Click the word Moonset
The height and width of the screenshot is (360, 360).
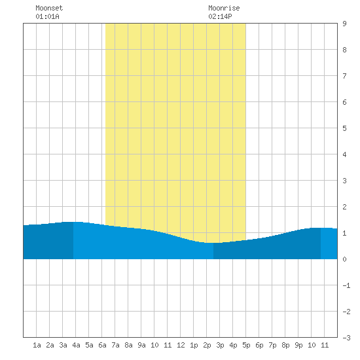49,8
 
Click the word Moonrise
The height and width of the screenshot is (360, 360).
224,8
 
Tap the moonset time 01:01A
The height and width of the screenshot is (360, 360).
47,16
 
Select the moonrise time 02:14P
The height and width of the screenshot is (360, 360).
220,16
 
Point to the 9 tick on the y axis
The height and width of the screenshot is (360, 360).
344,24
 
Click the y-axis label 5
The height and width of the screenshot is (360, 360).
344,128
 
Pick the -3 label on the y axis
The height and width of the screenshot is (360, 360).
346,338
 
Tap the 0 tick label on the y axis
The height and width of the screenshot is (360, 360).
344,259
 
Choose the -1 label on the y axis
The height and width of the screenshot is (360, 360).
346,285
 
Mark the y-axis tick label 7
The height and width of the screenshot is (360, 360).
344,76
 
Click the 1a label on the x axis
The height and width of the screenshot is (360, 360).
37,345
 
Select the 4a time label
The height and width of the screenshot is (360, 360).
76,345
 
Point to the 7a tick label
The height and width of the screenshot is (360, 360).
115,345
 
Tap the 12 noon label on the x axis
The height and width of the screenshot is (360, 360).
181,345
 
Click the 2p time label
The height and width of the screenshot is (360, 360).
207,345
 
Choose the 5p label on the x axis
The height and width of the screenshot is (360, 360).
246,345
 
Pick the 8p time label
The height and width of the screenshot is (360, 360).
285,345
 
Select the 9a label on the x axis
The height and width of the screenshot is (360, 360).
141,345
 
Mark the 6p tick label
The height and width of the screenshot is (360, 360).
259,345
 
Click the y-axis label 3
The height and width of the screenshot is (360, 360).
344,181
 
